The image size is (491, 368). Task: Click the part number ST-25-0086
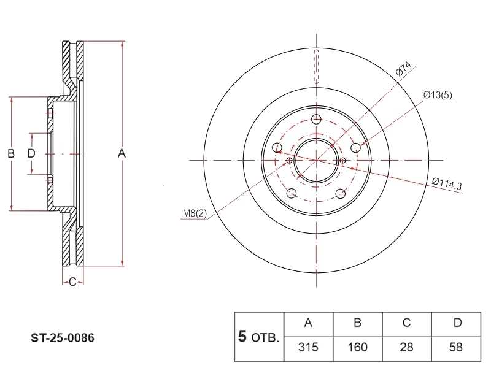63,338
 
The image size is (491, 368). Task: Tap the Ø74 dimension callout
403,69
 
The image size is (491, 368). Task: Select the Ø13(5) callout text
438,95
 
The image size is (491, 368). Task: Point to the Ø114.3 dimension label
447,183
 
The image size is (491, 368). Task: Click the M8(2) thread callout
195,213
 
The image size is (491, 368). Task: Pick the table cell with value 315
308,347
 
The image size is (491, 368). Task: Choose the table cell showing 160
357,347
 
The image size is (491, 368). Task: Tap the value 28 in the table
406,347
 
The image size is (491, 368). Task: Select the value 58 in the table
456,347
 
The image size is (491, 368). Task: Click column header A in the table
308,323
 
